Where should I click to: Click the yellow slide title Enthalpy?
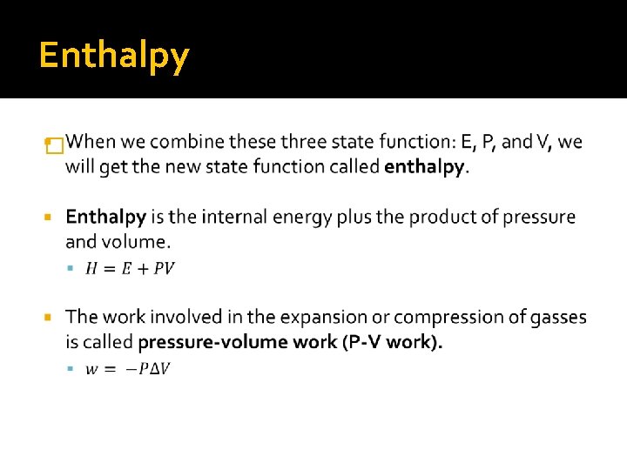tap(114, 57)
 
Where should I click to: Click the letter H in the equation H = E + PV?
tap(91, 268)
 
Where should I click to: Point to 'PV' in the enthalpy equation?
tap(164, 268)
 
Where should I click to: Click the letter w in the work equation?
tap(91, 369)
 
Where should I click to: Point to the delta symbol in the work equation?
tap(154, 369)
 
